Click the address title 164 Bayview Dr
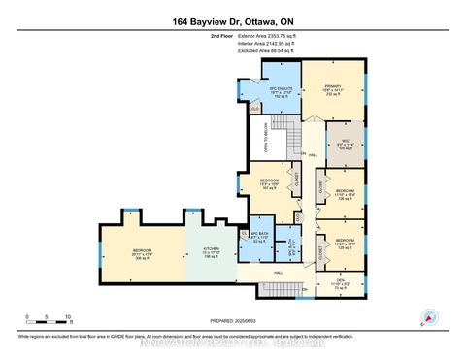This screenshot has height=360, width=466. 232,20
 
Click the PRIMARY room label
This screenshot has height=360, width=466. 335,88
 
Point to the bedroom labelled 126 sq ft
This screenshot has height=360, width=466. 345,194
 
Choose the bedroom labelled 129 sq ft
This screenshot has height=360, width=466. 345,245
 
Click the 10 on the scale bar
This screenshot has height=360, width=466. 67,318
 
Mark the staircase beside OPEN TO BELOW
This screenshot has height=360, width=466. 281,147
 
